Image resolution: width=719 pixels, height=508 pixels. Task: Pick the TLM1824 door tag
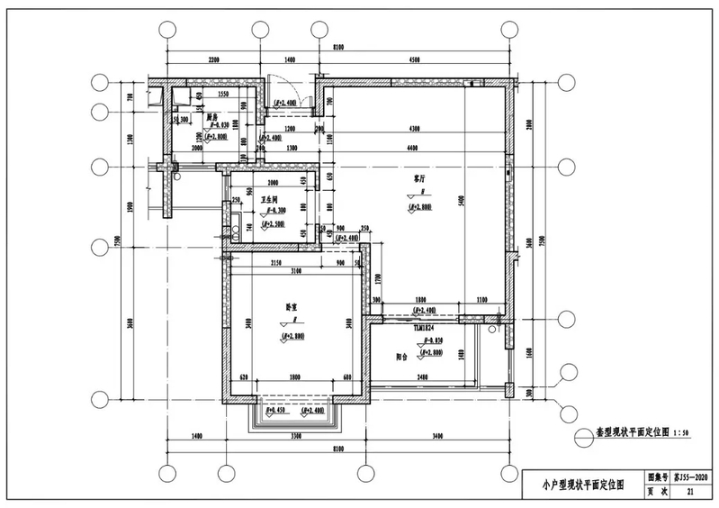[425, 330]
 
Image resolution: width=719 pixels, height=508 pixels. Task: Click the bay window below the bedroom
[294, 415]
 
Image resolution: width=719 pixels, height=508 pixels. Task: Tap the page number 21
[690, 493]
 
